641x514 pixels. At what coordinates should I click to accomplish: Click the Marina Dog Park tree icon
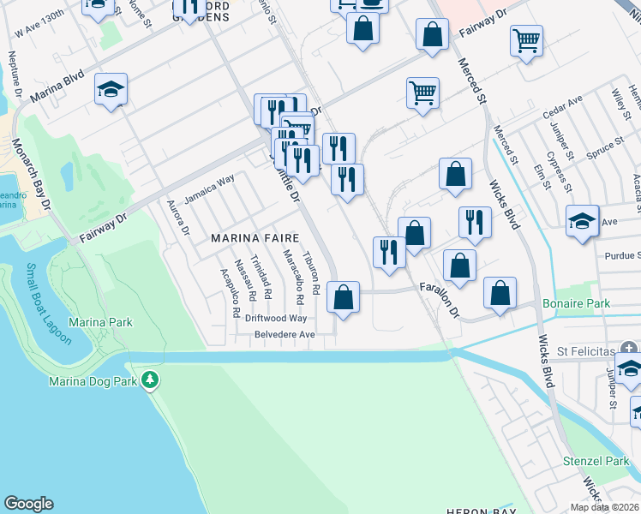[151, 380]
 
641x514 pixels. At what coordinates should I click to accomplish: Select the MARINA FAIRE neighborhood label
[255, 238]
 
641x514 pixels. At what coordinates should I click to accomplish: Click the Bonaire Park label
[576, 304]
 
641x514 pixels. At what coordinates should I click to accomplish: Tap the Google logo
[28, 504]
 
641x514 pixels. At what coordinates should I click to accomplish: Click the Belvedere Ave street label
[279, 334]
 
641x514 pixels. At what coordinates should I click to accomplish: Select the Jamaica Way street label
[209, 188]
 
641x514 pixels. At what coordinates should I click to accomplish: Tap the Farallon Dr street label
[440, 298]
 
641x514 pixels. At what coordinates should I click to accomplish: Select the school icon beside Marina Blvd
[111, 89]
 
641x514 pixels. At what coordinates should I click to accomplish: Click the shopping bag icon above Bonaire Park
[500, 292]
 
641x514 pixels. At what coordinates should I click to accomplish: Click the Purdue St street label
[621, 255]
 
